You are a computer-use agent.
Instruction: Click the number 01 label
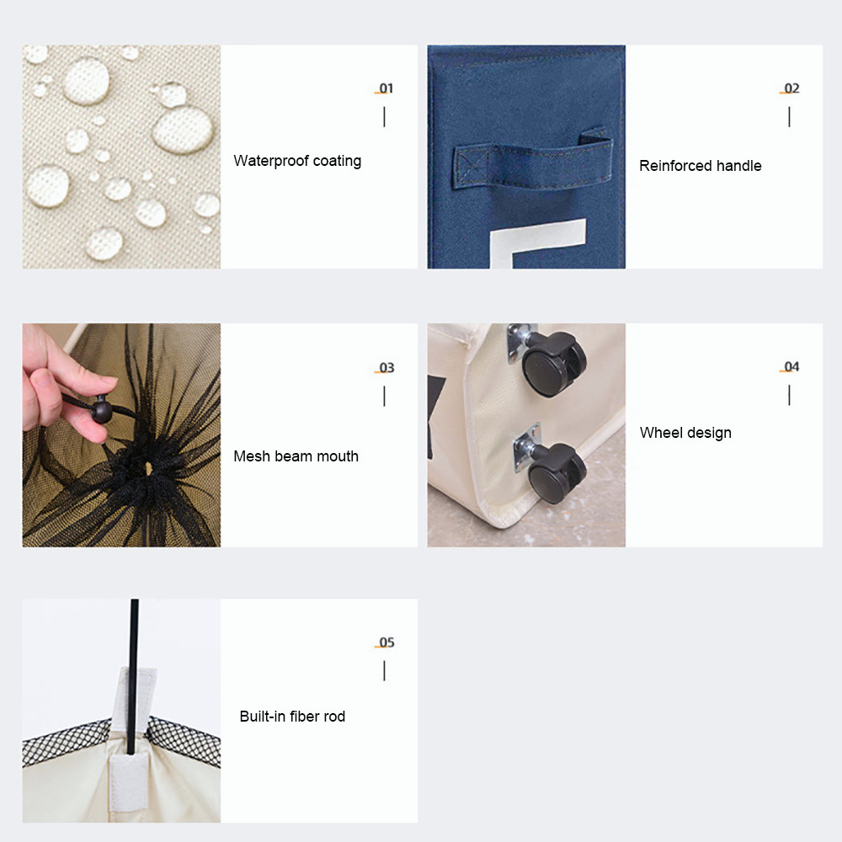[386, 88]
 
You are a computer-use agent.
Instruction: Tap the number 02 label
[791, 88]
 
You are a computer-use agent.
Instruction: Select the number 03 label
[386, 368]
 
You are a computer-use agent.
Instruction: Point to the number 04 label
[791, 367]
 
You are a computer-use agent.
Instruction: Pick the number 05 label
[386, 642]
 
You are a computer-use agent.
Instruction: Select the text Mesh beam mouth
[296, 456]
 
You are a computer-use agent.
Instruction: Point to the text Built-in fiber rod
[292, 717]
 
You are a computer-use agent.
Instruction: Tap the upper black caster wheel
[553, 364]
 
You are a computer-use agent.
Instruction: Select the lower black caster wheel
[557, 472]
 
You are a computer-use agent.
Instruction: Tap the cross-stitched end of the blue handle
[470, 167]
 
